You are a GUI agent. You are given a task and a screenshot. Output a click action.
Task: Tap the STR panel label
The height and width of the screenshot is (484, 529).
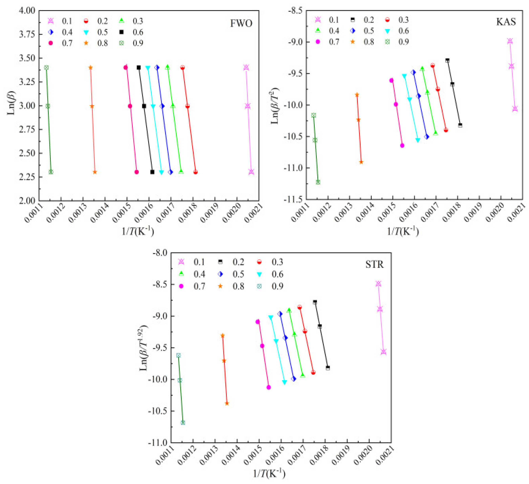(374, 265)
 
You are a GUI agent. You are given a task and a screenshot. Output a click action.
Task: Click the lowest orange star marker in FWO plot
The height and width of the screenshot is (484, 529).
(95, 172)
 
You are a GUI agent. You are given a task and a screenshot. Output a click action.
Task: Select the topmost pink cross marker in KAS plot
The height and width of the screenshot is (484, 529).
(510, 41)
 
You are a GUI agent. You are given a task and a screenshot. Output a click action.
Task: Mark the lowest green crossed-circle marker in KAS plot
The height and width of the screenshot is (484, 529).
(318, 182)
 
